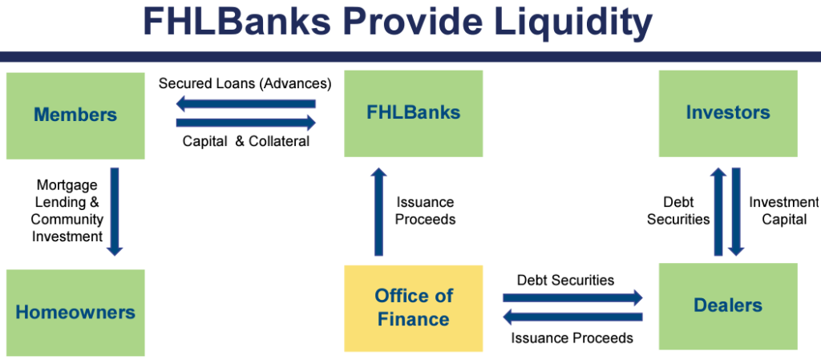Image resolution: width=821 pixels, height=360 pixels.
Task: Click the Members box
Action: pos(75,115)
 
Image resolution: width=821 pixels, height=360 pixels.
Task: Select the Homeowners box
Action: pos(75,313)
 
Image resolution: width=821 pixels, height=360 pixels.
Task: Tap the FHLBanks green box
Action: pos(413,114)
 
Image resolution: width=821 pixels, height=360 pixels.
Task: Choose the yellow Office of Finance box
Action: pos(413,308)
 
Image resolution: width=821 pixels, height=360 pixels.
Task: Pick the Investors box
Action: pos(728,114)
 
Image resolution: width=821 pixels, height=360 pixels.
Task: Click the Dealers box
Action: pos(728,306)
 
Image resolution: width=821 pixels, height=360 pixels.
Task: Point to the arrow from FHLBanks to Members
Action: pos(246,104)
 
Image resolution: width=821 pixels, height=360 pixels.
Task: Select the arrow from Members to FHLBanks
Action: pos(246,123)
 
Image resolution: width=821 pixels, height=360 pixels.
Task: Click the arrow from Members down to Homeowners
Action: pos(114,212)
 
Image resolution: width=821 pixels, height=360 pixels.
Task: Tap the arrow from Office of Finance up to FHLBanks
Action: pos(379,212)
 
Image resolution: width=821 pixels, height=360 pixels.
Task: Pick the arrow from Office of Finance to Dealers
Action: pos(572,297)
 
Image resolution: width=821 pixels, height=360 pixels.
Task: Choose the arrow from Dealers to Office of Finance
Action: pos(572,317)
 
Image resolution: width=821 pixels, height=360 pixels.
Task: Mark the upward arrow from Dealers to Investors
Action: pos(718,212)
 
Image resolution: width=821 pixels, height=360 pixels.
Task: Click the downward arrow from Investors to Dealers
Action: pos(736,212)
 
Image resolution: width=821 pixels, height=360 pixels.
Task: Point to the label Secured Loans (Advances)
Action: pos(245,83)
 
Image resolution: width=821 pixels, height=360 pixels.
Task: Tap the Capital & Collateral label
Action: pos(246,141)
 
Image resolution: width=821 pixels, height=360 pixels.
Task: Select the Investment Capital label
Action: pos(783,211)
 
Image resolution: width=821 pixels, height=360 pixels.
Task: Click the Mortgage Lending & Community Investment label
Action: pos(67,211)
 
